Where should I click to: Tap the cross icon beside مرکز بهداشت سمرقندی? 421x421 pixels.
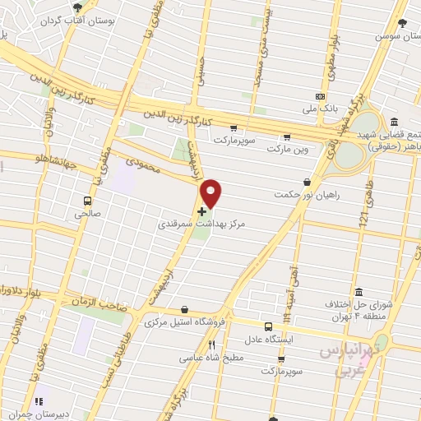click(x=201, y=211)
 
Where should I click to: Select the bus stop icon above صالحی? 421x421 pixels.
click(x=86, y=200)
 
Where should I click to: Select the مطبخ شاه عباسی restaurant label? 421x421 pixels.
click(x=213, y=358)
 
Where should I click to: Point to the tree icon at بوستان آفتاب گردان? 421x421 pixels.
click(x=77, y=7)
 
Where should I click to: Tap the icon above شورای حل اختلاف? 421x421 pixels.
click(x=359, y=293)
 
